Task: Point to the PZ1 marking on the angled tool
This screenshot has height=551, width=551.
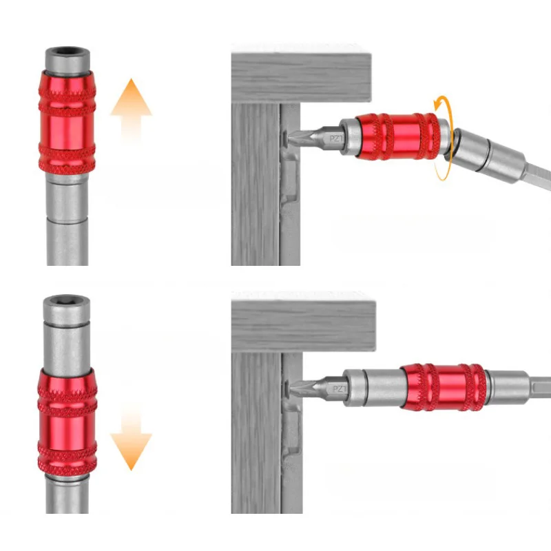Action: [x=336, y=139]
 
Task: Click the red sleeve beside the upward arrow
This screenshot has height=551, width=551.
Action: [x=67, y=121]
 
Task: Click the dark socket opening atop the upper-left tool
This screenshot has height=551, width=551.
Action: [x=67, y=52]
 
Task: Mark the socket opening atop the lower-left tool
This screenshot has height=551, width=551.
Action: [x=67, y=302]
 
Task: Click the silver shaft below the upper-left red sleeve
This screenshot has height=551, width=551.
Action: [x=67, y=220]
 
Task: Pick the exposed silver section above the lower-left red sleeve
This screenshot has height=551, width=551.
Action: [x=67, y=337]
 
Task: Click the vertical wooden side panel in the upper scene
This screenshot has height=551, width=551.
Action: [x=255, y=186]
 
